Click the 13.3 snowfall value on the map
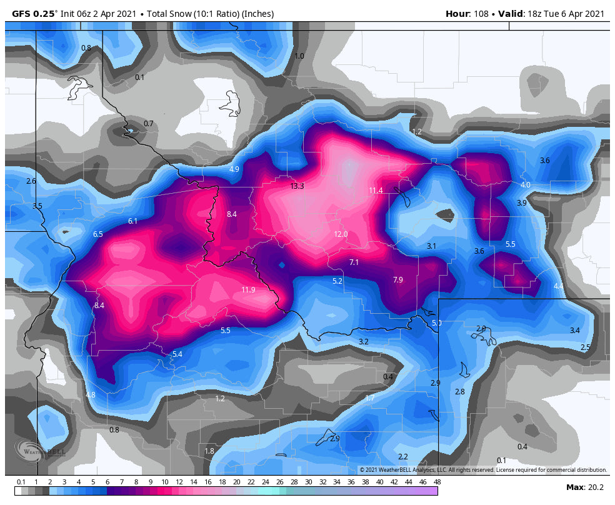297,186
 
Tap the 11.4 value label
376,191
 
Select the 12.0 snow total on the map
341,234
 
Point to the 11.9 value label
248,290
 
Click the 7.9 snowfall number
397,279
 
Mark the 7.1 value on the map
354,262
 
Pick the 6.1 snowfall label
132,221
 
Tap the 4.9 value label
234,169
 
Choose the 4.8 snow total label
91,395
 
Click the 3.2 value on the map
364,342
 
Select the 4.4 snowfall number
558,286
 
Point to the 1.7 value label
370,398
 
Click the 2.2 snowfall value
403,457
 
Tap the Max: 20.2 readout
584,487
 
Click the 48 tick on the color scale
437,482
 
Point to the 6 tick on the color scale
107,482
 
